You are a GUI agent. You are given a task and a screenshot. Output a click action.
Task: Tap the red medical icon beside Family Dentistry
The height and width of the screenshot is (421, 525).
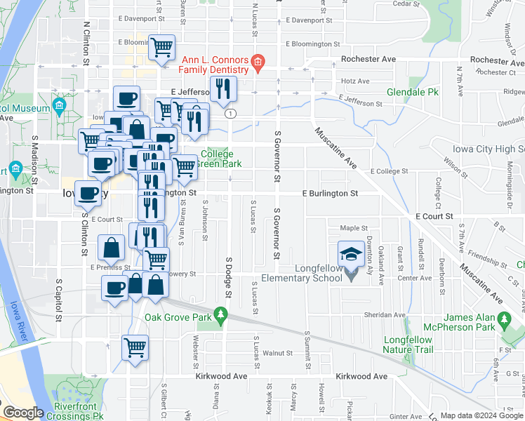258,63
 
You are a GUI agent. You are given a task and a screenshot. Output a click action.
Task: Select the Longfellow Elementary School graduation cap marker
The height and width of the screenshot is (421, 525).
349,253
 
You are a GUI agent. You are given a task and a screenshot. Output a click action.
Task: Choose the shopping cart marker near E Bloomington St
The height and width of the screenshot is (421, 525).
162,47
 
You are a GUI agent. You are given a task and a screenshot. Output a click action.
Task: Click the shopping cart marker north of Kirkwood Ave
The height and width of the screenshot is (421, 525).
135,346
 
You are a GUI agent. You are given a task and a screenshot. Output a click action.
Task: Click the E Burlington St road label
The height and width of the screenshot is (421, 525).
330,193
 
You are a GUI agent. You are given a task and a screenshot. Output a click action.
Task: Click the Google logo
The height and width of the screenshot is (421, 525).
22,413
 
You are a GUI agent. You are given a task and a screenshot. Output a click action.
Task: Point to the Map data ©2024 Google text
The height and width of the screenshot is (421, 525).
481,415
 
